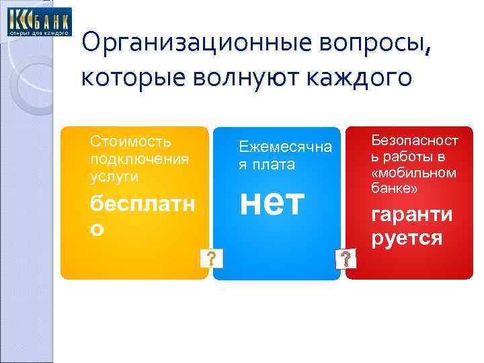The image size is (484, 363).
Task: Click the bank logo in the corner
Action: [x=39, y=22]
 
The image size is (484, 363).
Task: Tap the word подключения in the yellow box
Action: [x=139, y=160]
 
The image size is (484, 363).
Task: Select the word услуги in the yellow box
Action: [x=114, y=176]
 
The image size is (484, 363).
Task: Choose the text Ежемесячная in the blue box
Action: [x=286, y=147]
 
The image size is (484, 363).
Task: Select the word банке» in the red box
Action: [x=395, y=190]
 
